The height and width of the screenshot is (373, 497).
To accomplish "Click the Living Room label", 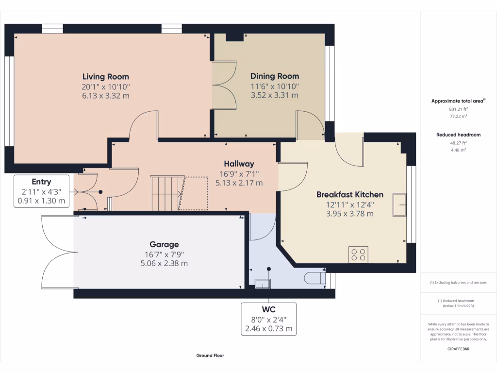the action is pos(105,77).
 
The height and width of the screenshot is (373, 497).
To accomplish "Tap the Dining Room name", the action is pos(275,76).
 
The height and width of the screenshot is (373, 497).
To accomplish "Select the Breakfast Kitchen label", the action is pos(350,194).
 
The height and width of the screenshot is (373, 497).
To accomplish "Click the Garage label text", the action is pos(164,245).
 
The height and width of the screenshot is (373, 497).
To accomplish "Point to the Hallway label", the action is pos(239,164).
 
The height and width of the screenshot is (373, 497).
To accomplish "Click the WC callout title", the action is pos(268,309).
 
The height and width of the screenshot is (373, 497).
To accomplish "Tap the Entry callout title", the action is pos(41,182).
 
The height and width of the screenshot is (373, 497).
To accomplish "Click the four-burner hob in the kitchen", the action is pos(359,254).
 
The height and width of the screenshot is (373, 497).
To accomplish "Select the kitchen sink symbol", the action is pos(399,205).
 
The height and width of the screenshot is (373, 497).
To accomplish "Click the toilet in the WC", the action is pos(315,278).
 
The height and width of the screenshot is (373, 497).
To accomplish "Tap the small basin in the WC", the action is pos(263,284).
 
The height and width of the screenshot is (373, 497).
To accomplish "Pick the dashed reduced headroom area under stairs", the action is pos(194,193).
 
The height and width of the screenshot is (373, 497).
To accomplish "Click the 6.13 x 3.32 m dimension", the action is pos(105,96).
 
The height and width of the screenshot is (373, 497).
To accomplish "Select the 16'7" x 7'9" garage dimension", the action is pos(164,254).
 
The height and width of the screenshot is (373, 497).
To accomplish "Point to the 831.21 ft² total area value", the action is pos(458,109).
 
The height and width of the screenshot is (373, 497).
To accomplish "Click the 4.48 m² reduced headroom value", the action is pos(458,150).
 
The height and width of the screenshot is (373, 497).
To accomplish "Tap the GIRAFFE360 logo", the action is pos(458,349).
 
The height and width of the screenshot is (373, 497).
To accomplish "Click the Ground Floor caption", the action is pos(210,356).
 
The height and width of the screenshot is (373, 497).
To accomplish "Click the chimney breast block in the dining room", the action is pos(234,37).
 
